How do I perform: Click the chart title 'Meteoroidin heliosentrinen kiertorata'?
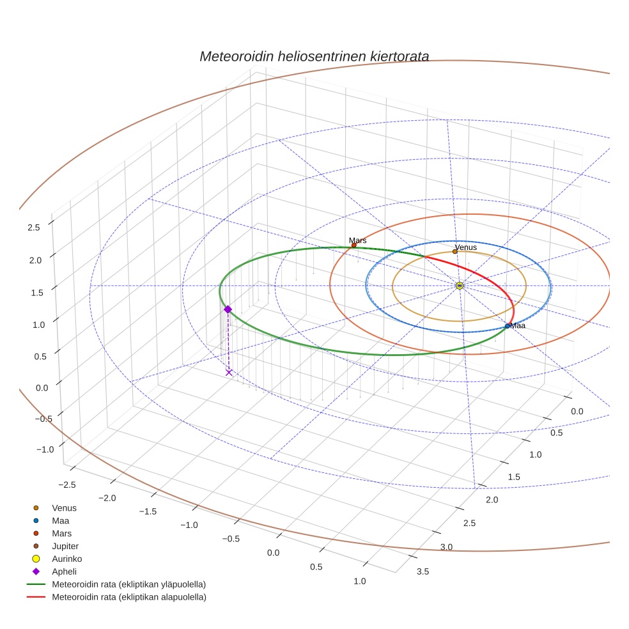tap(314, 56)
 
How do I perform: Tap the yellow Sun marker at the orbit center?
tap(460, 285)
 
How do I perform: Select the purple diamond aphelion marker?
tap(228, 309)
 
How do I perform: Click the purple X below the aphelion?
tap(229, 372)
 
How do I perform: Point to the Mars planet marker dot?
tap(354, 245)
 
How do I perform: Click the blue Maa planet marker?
tap(508, 326)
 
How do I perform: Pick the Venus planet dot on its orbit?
tap(455, 251)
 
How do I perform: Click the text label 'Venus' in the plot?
tap(465, 247)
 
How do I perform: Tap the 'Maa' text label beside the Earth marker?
tap(518, 326)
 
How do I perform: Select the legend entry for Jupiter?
tap(65, 546)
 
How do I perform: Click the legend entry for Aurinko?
tap(66, 559)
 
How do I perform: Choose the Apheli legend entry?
tap(64, 571)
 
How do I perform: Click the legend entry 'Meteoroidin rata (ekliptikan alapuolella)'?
tap(129, 597)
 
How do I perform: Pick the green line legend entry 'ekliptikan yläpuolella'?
tap(129, 584)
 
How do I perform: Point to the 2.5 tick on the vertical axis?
tap(34, 227)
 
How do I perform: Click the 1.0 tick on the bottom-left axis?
tap(360, 581)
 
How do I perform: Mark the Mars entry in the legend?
tap(61, 533)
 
